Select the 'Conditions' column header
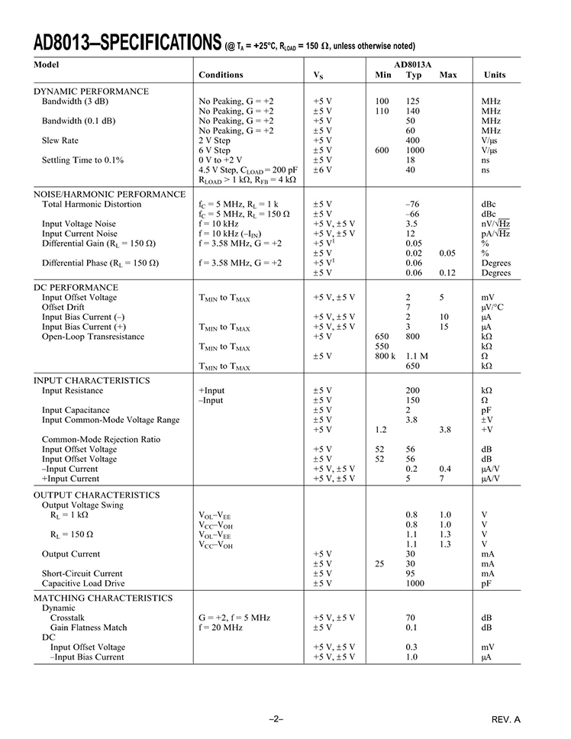coord(221,75)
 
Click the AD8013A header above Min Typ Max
coord(413,65)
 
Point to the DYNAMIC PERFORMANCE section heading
coord(92,91)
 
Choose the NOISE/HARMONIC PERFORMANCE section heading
coord(110,194)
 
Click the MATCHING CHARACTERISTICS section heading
coord(103,598)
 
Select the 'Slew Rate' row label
coord(60,140)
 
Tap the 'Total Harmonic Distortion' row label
coord(92,205)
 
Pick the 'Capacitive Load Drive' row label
coord(82,583)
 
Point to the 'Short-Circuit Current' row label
coord(82,573)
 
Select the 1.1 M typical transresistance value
coord(417,357)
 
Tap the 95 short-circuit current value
coord(411,573)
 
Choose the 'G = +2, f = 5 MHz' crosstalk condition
coord(234,618)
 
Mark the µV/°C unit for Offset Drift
coord(492,307)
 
